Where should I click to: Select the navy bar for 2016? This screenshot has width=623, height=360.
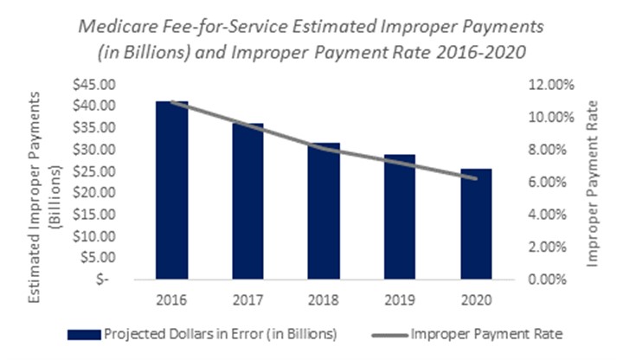click(172, 190)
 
